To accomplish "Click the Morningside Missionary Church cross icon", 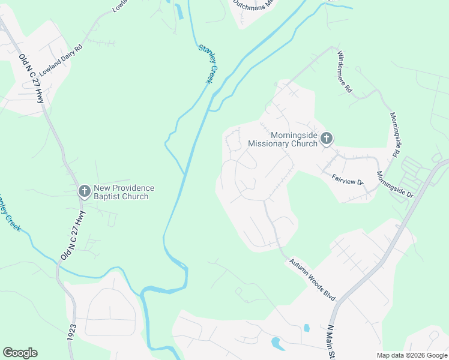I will [326, 139].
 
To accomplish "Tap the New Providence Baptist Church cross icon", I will [85, 192].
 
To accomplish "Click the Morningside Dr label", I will [395, 185].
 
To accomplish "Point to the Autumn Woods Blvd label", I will [312, 280].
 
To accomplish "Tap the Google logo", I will [20, 353].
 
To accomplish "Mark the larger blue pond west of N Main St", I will [278, 344].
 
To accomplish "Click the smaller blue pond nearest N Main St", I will [307, 328].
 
